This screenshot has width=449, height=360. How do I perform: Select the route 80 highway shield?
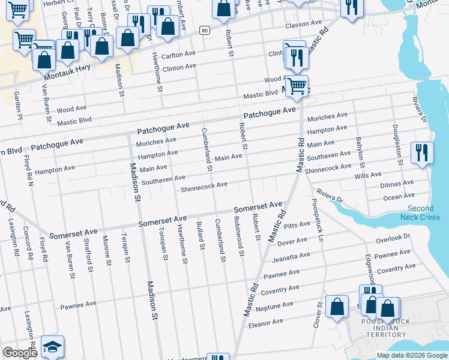click(205, 29)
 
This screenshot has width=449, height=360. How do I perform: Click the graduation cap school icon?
click(52, 347)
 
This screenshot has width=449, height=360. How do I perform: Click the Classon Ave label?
click(304, 24)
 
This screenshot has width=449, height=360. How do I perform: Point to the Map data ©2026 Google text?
click(411, 355)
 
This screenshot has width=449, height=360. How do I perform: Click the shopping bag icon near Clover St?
click(337, 306)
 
